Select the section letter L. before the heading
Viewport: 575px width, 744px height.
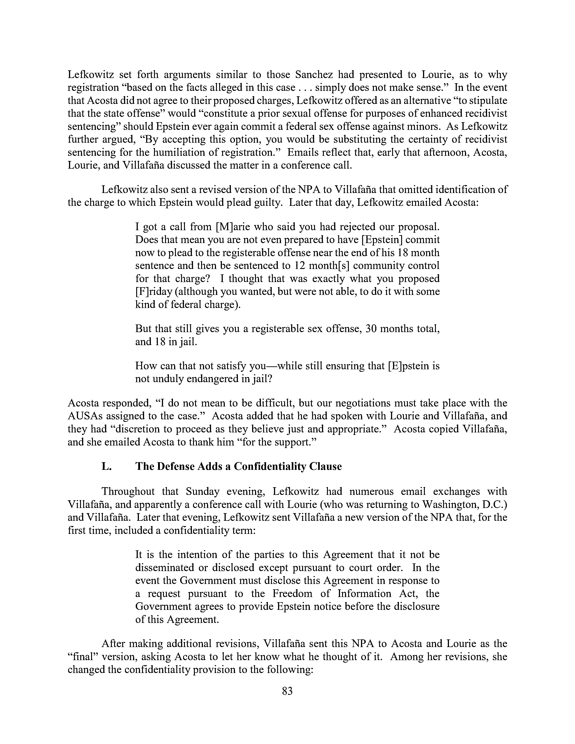(x=106, y=466)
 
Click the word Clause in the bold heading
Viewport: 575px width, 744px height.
(x=325, y=466)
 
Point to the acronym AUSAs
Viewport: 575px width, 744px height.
(x=84, y=416)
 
